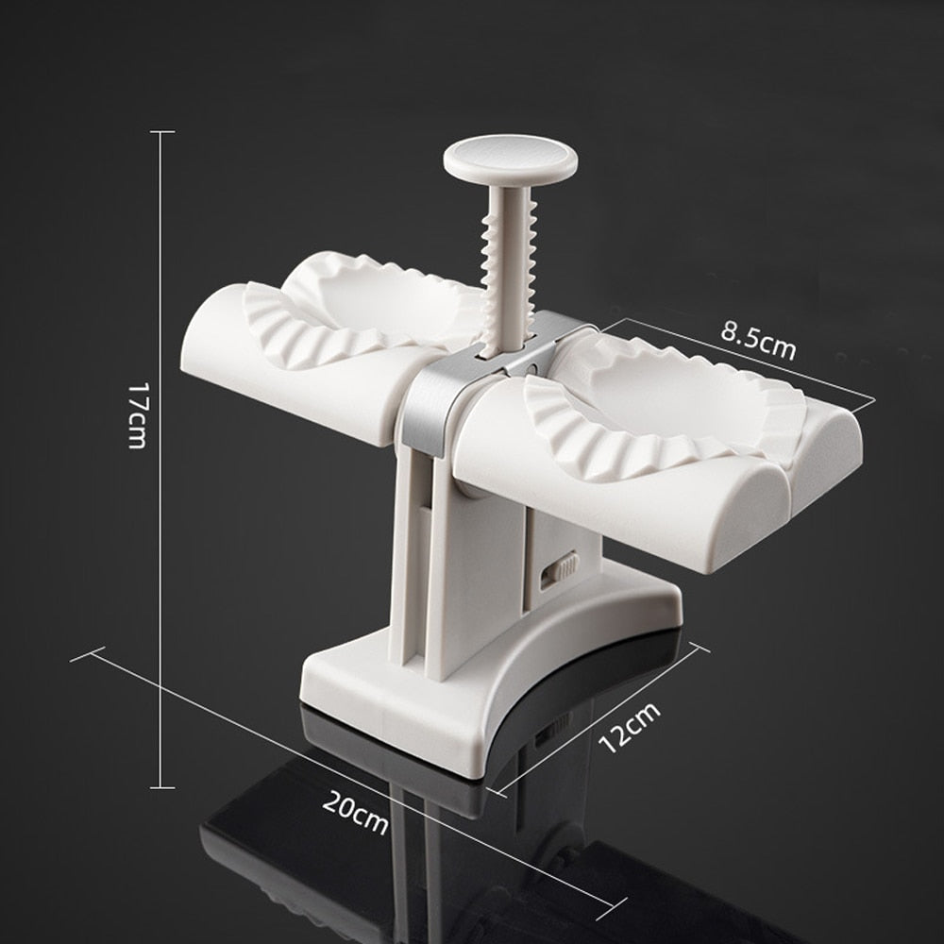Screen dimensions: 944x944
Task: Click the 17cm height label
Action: click(x=138, y=415)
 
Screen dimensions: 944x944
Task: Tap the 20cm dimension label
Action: click(x=355, y=812)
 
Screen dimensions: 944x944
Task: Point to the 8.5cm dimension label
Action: click(x=758, y=342)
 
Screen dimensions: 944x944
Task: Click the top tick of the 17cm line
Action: click(x=161, y=132)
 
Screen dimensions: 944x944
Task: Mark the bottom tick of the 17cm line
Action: click(x=161, y=786)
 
